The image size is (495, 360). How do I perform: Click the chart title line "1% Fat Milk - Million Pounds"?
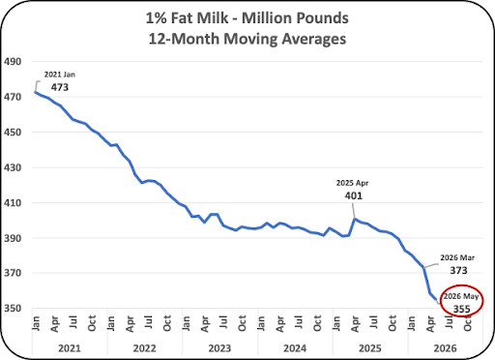247,18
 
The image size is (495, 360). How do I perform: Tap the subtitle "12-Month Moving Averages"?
247,39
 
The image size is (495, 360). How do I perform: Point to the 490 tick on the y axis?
13,61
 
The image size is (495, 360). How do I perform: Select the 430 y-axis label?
13,167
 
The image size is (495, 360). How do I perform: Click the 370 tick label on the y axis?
13,273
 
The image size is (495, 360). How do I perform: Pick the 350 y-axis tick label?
13,309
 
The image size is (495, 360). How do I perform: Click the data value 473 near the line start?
60,87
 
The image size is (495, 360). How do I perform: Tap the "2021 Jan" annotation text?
60,75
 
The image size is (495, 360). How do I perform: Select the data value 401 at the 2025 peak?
354,195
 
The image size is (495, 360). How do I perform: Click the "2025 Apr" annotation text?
352,183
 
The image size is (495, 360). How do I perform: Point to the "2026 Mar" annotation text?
457,257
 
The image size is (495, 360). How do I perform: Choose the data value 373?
458,270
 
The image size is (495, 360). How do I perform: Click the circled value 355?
462,309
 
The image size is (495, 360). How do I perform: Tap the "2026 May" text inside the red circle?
461,296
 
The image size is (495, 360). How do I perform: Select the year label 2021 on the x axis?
70,348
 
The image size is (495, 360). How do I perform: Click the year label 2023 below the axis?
219,348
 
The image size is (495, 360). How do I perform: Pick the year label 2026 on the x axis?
446,348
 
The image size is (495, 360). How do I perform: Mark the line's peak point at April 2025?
355,219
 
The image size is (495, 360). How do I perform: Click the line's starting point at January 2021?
35,92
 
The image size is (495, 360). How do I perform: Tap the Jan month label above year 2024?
261,323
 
